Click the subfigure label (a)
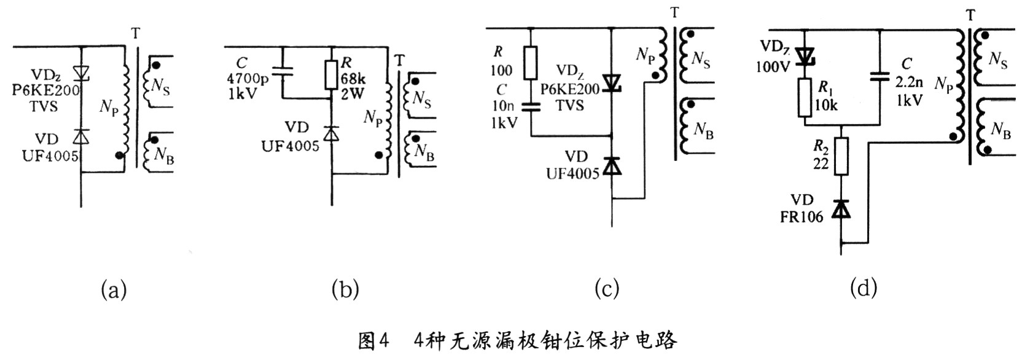tap(114, 289)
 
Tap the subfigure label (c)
tap(607, 289)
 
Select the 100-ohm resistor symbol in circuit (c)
tap(532, 63)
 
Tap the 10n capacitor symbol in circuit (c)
tap(532, 106)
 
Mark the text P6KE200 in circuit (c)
tap(570, 89)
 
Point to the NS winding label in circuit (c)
tap(701, 60)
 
